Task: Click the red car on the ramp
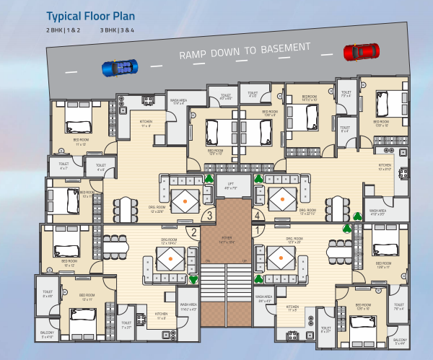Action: [361, 51]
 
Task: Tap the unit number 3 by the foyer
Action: [210, 214]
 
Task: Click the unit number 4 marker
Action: [256, 214]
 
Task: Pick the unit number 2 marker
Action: [194, 232]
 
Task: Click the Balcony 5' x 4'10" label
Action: [48, 335]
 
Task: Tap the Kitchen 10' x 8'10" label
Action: [385, 168]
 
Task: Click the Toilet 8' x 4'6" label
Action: [48, 294]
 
